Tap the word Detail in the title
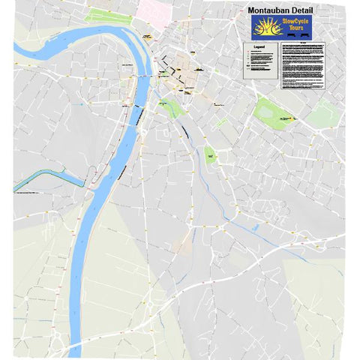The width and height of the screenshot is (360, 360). point(317,10)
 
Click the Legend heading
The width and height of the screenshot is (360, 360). point(259,46)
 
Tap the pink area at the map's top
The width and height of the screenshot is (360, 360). point(154,9)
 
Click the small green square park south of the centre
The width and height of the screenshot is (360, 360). point(211,155)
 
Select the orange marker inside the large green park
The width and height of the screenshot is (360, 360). point(286,118)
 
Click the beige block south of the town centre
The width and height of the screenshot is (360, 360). point(182,244)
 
